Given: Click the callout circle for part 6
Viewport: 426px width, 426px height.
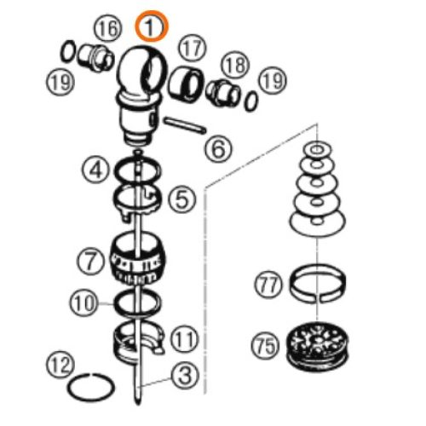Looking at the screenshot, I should pos(218,150).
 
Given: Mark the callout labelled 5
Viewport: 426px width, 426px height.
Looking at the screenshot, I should pos(181,200).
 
